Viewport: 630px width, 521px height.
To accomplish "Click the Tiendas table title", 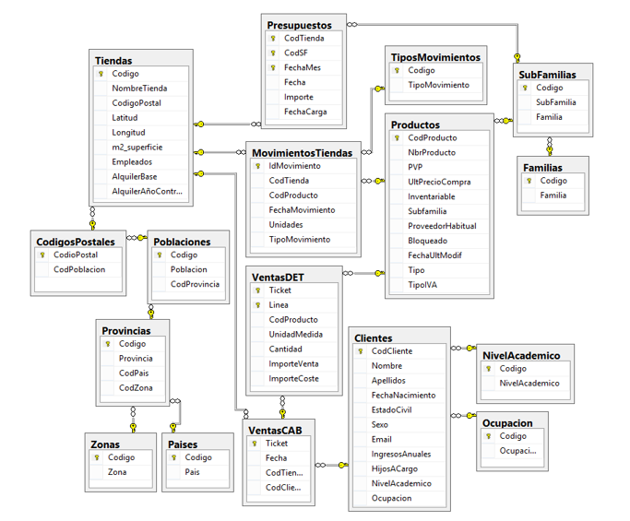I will pos(113,61).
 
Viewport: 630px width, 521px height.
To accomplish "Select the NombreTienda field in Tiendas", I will pos(139,89).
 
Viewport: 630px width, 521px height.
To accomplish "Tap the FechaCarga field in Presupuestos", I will pos(304,112).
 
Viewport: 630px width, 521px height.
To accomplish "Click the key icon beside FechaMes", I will pos(273,68).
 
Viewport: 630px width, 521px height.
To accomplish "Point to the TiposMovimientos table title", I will pos(435,57).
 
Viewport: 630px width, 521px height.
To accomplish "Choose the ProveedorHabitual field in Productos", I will pos(442,226).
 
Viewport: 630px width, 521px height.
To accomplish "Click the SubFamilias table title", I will pos(547,75).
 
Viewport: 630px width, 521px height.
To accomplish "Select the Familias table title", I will pos(542,168).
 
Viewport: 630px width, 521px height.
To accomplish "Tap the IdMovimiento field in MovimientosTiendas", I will pos(294,166).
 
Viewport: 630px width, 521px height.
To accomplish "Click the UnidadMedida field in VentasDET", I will pos(295,335).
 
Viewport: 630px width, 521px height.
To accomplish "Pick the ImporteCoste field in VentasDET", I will pos(293,379).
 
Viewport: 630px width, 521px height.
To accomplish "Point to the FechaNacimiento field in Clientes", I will pos(403,395).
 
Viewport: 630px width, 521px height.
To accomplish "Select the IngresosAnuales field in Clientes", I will pos(400,454).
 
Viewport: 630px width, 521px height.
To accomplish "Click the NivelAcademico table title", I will pos(521,355).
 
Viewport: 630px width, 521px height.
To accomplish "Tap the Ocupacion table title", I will pos(507,423).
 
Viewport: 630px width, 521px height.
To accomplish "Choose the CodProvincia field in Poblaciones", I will pos(195,284).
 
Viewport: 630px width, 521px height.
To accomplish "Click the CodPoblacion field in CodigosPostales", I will pos(79,269).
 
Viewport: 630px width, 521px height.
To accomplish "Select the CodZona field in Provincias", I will pos(136,387).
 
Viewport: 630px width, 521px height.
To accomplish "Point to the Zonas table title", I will pos(104,444).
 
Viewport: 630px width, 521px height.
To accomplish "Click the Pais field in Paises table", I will pos(192,472).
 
